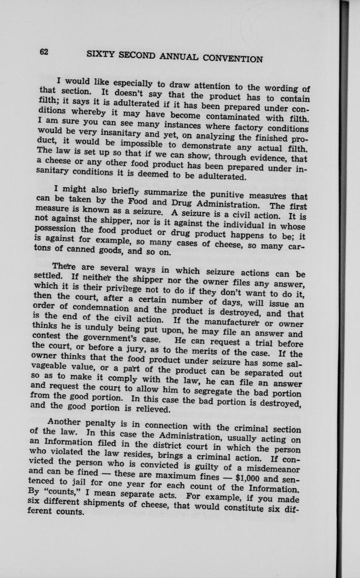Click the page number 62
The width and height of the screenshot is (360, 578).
click(x=44, y=52)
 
